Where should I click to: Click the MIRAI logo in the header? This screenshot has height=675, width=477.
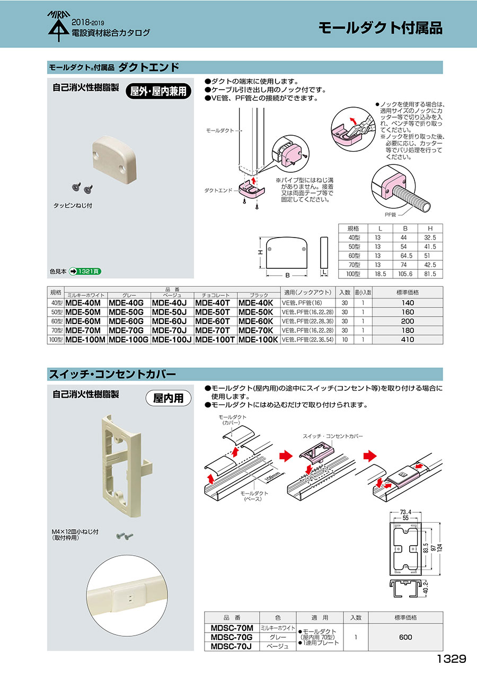59,26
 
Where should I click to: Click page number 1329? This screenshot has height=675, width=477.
452,659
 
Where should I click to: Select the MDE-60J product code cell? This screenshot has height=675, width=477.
169,321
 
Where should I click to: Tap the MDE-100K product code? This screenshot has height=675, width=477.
258,339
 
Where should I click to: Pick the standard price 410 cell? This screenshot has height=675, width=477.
408,339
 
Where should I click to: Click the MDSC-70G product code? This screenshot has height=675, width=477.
232,637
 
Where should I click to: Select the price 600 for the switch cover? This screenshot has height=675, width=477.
405,637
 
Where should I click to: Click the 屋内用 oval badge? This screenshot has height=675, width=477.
169,398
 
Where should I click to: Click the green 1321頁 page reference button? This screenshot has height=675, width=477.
85,271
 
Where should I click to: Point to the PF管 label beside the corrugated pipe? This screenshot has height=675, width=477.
390,215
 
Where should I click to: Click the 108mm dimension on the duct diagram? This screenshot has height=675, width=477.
272,476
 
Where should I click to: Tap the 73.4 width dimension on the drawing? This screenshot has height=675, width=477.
405,512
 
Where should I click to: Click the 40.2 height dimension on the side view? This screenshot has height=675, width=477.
426,588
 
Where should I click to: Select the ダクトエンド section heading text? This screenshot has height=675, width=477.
149,67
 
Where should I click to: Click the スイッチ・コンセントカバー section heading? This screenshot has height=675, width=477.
112,374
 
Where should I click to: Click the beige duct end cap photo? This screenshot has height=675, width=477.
114,160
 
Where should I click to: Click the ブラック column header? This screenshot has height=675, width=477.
259,295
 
